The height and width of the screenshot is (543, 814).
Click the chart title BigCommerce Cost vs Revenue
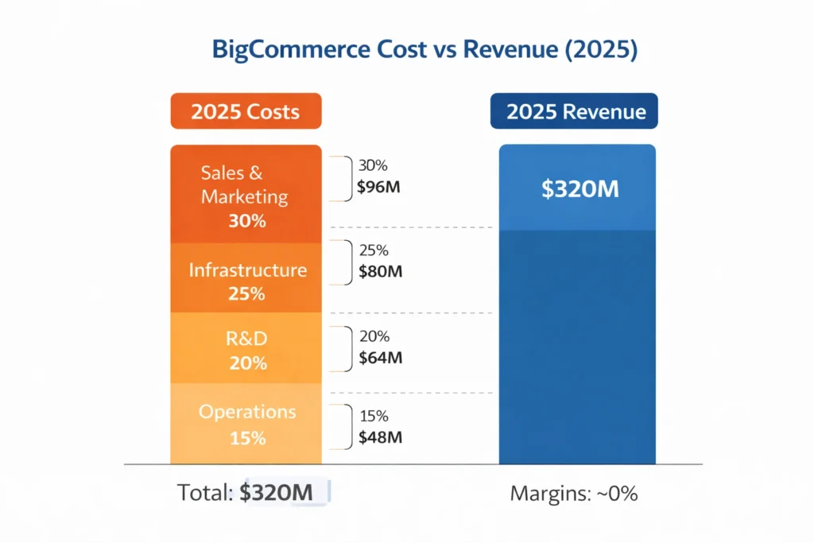point(424,50)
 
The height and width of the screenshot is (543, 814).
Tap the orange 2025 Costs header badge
point(246,111)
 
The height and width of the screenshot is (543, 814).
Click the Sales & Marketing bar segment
point(246,194)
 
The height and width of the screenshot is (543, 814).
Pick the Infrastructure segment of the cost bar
point(246,278)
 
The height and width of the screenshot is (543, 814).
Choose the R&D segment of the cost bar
point(246,348)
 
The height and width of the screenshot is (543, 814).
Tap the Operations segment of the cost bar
point(246,423)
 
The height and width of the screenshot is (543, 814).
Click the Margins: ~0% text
point(573,494)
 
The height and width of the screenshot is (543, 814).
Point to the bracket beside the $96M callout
point(346,179)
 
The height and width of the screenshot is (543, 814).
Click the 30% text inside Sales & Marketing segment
point(246,221)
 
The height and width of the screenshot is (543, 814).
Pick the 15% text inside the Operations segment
point(246,438)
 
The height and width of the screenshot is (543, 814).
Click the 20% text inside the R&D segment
point(246,363)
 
